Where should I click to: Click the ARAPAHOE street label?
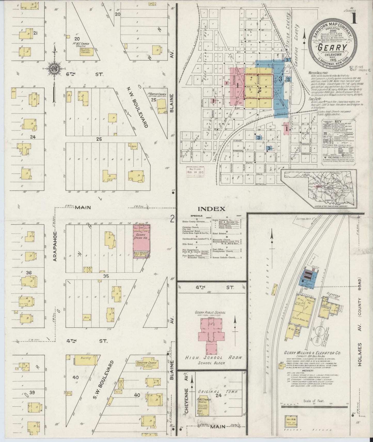click(x=55, y=246)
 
